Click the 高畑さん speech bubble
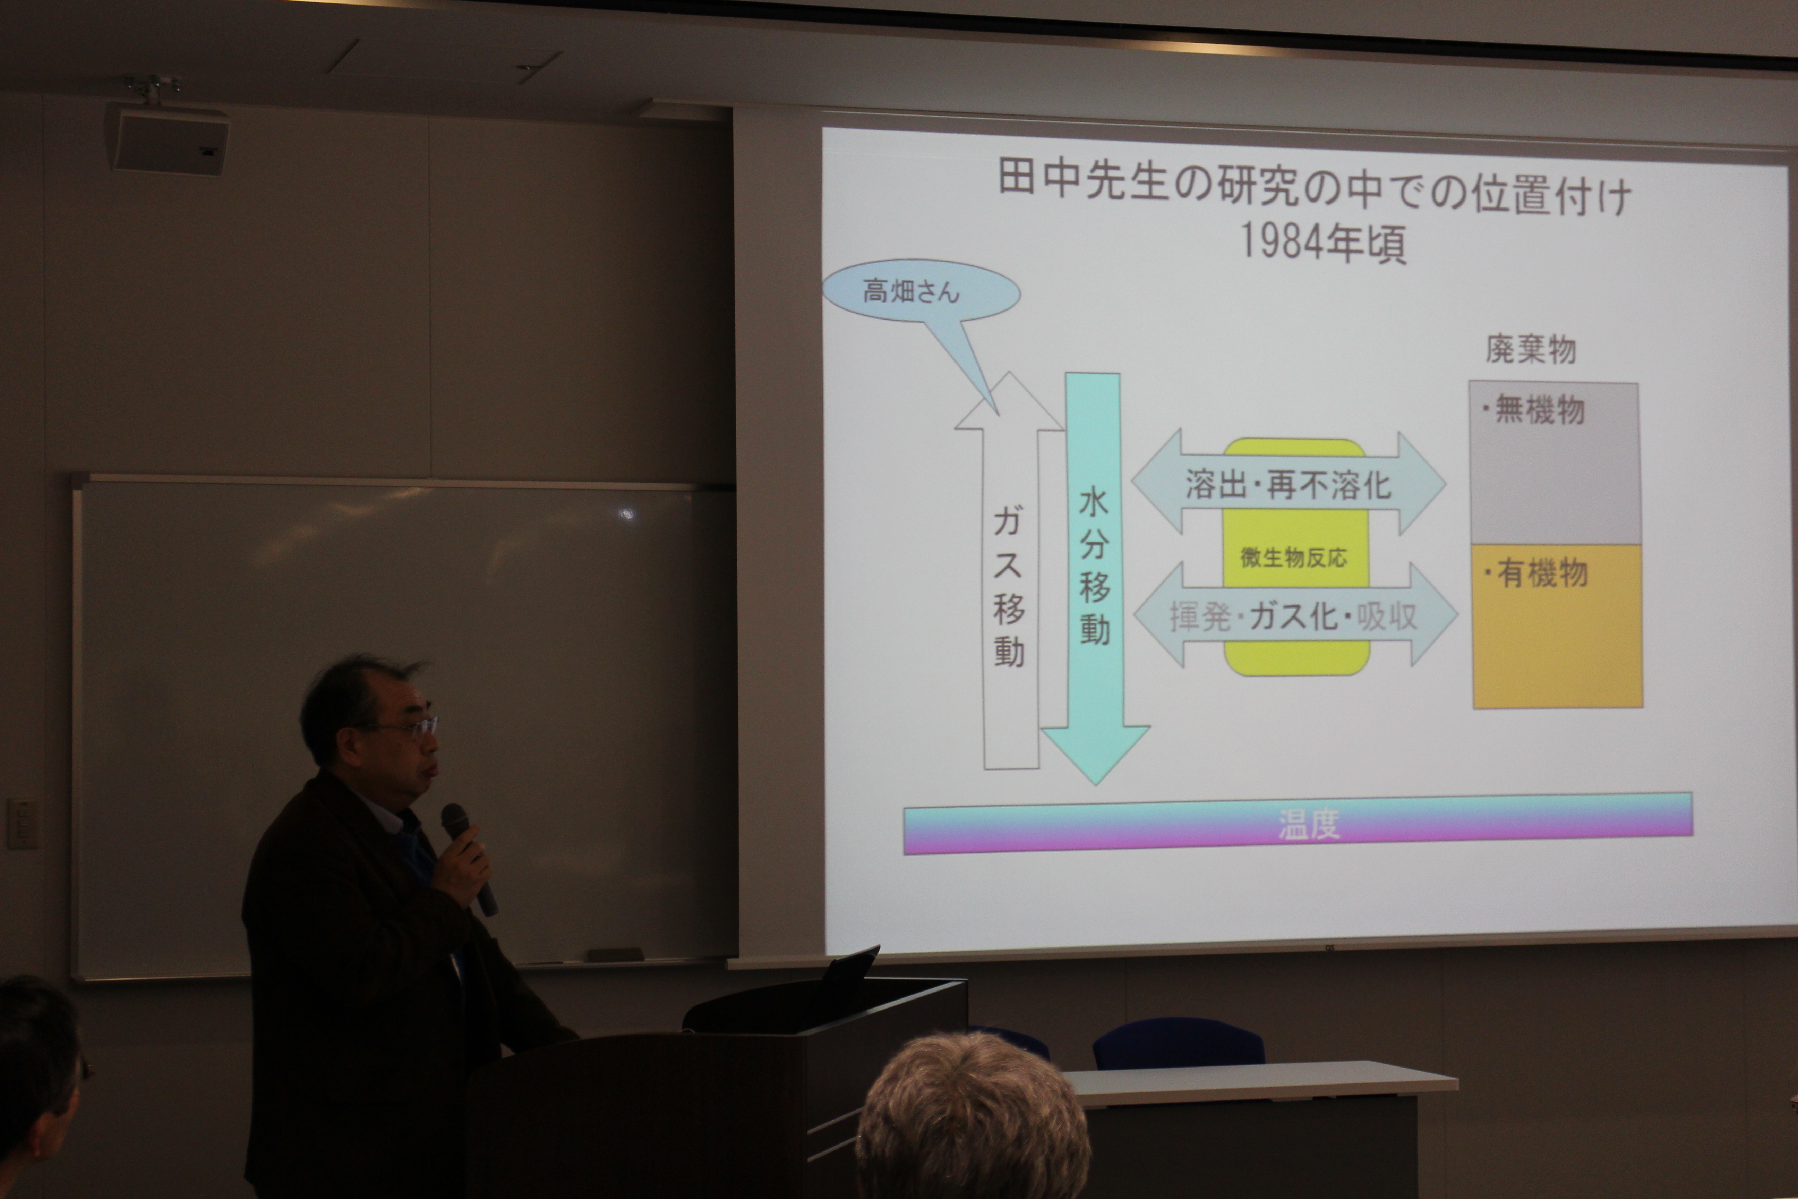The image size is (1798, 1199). pyautogui.click(x=921, y=292)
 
